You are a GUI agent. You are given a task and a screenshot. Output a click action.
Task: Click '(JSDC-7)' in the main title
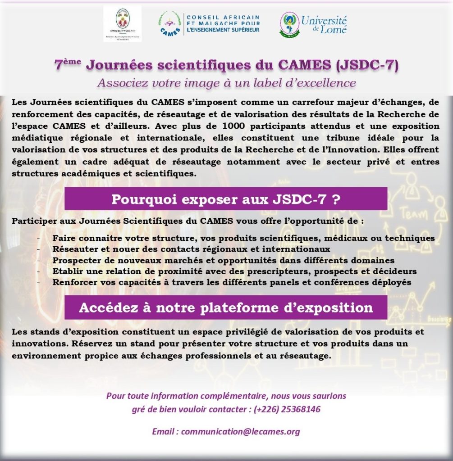tap(367, 66)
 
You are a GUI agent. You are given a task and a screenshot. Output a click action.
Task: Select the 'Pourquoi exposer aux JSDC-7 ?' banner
tap(226, 199)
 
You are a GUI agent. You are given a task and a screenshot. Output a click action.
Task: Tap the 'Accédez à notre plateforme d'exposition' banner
tap(226, 308)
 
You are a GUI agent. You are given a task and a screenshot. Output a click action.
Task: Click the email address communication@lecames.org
tap(240, 431)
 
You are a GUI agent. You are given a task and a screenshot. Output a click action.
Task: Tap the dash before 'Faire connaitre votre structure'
tap(39, 238)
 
